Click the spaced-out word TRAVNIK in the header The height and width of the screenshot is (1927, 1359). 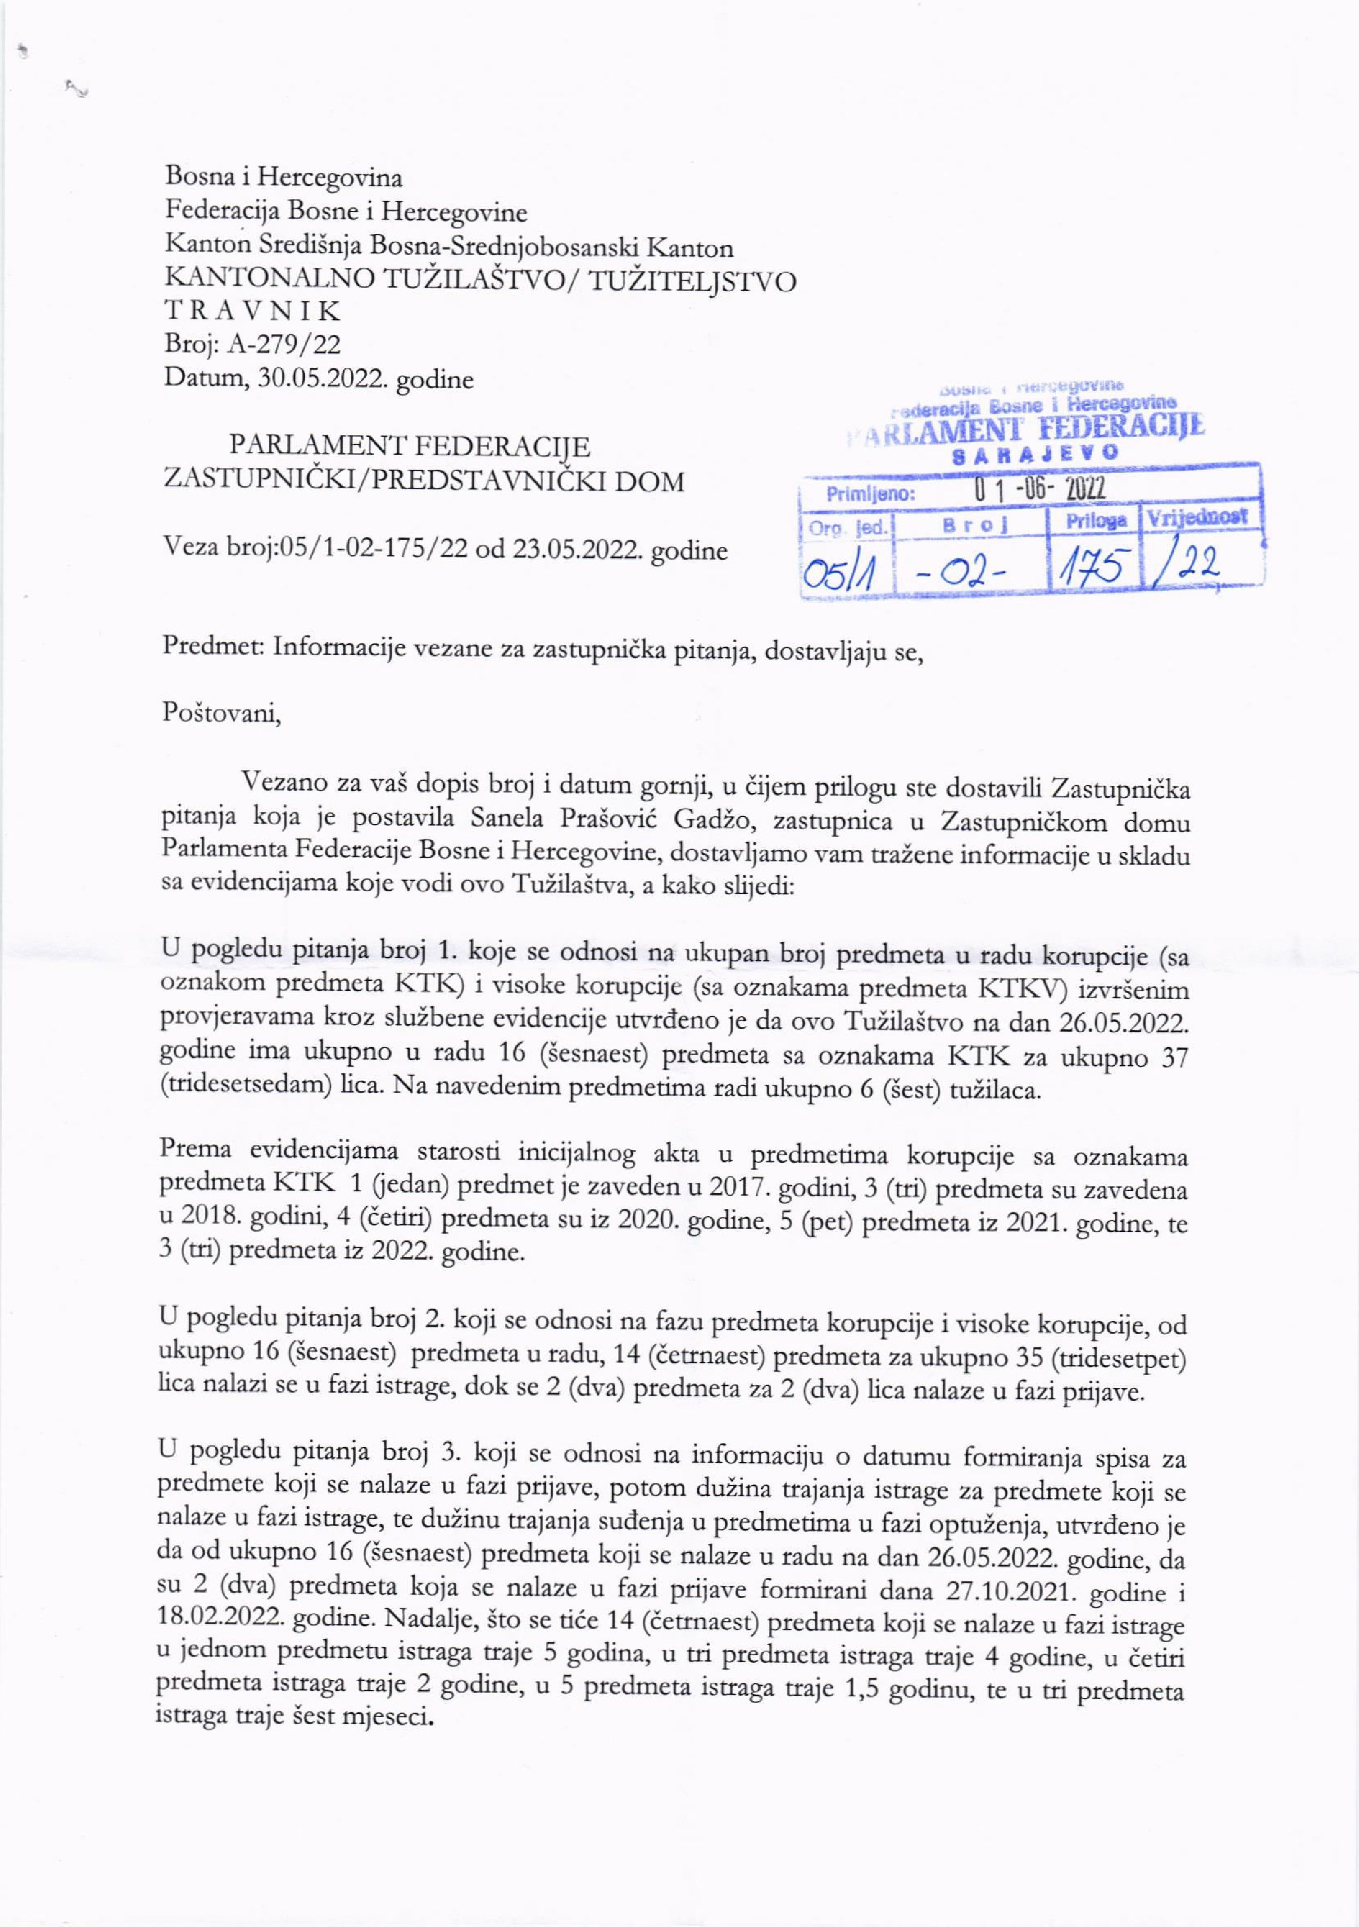point(252,312)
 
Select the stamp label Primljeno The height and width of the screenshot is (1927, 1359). point(869,493)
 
